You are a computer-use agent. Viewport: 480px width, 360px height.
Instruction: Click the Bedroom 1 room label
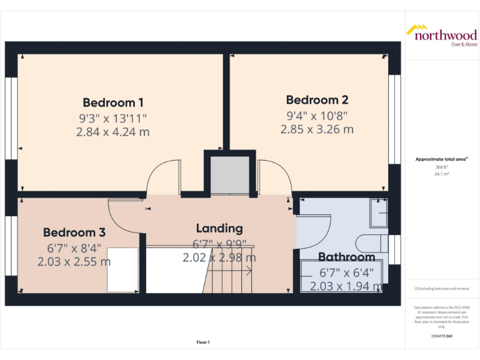point(113,102)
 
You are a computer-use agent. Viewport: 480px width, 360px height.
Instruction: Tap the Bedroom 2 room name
point(317,100)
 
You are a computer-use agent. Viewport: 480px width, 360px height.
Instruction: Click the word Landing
point(219,228)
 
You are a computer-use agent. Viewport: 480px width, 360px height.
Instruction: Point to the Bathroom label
point(346,257)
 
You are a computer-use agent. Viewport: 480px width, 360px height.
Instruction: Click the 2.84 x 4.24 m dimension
point(113,132)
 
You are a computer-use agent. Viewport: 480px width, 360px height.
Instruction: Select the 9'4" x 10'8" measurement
point(317,115)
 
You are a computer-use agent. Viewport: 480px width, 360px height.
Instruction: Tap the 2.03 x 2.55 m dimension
point(74,262)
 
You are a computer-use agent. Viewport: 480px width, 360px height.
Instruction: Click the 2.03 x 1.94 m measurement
point(346,287)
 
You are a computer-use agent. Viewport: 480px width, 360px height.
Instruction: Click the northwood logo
point(442,34)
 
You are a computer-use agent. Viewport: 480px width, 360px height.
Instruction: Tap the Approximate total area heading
point(441,159)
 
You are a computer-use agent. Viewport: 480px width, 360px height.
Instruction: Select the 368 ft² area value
point(441,167)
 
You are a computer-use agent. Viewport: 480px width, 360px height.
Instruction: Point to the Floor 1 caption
point(202,342)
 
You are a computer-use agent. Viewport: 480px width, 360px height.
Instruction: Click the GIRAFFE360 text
point(441,336)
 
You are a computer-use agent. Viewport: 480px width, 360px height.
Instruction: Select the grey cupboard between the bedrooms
point(230,175)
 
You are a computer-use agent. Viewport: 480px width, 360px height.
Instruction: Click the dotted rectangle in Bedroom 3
point(122,269)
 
